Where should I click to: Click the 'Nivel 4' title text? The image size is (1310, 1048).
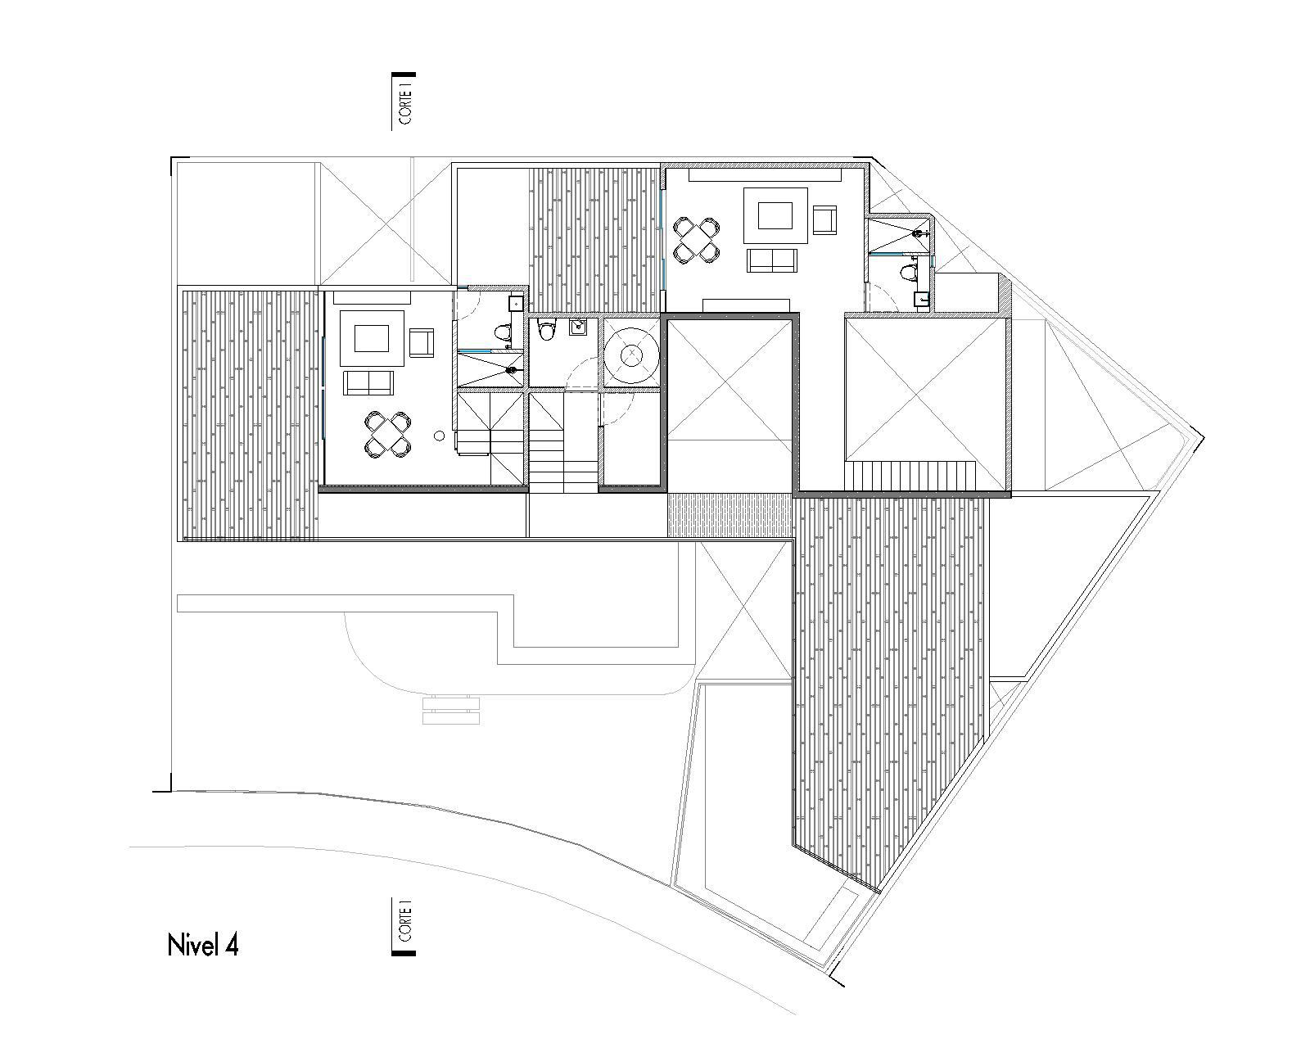(203, 945)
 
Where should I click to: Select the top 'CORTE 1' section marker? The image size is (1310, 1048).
(404, 101)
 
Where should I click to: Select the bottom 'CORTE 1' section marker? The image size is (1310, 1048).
(404, 926)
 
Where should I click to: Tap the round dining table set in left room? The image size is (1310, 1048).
(386, 434)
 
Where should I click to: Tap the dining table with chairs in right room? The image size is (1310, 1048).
(698, 239)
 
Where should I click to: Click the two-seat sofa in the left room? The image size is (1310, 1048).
(368, 382)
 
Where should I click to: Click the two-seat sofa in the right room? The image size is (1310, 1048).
(772, 260)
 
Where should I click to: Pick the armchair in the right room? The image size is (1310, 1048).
(824, 220)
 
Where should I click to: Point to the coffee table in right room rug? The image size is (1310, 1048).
(775, 215)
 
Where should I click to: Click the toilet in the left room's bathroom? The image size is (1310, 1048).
(502, 332)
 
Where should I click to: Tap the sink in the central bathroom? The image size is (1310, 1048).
(578, 328)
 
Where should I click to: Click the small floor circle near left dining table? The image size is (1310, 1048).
(440, 436)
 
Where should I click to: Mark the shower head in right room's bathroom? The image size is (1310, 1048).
(923, 233)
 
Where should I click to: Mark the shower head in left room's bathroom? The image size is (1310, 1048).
(512, 370)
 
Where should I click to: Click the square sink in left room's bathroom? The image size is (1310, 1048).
(516, 303)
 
